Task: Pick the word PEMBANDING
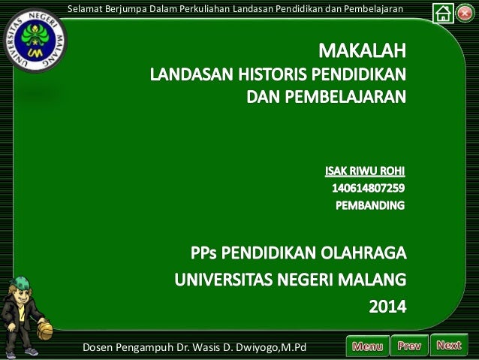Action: click(369, 204)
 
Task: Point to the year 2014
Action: click(387, 307)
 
